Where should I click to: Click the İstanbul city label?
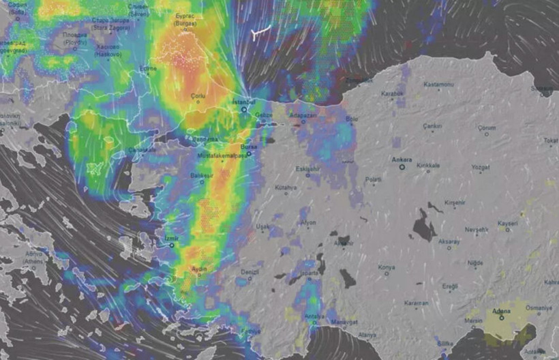(x=243, y=102)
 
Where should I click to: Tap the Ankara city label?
(x=402, y=160)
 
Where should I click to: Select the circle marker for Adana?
(x=502, y=318)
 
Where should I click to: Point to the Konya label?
(x=387, y=267)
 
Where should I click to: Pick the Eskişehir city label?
(x=307, y=168)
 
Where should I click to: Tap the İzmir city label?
(x=172, y=238)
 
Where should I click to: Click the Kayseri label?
(x=508, y=223)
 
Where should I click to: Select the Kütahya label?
(x=286, y=187)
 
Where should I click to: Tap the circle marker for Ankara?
(x=402, y=167)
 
